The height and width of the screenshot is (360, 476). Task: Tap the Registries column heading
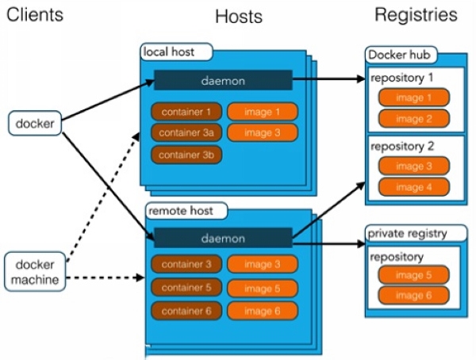coord(415,14)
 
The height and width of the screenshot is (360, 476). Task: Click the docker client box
coord(35,123)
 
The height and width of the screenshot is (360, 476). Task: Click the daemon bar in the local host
coord(223,80)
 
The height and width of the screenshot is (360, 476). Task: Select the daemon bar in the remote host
coord(223,238)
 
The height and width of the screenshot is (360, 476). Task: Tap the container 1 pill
coord(186,112)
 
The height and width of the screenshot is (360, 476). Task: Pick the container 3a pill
coord(186,132)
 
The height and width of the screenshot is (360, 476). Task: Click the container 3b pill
coord(186,155)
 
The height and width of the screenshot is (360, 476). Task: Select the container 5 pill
coord(186,288)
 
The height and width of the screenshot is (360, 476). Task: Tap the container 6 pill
coord(186,311)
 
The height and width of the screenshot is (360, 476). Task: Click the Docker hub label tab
coord(401,54)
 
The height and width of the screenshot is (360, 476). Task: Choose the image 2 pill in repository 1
coord(410,118)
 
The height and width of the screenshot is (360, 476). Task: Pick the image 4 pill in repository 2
coord(410,188)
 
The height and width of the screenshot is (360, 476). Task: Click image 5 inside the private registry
coord(410,275)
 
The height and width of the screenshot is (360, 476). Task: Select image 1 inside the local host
coord(263,112)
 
